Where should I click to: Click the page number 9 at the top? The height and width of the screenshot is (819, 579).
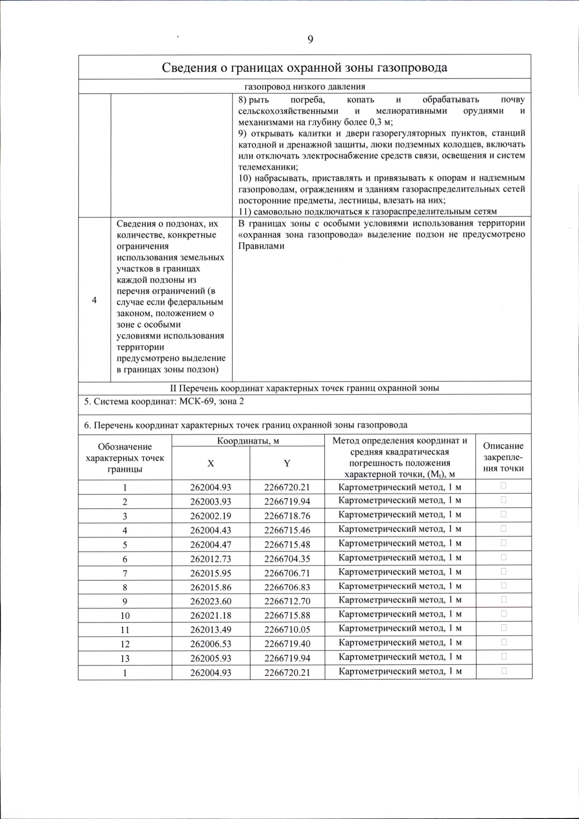[x=310, y=40]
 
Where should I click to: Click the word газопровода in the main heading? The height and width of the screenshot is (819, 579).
[x=413, y=67]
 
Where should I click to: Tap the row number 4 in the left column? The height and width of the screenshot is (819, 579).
[x=94, y=300]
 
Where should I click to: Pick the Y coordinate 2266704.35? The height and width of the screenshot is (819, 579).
[x=287, y=559]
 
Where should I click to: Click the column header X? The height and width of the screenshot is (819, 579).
[x=210, y=463]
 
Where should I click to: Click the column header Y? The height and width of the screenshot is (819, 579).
[x=287, y=463]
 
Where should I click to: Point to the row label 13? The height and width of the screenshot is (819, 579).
[x=124, y=658]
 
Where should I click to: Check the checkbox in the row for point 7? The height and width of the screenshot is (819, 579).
[x=504, y=571]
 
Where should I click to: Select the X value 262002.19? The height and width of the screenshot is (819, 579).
[x=210, y=516]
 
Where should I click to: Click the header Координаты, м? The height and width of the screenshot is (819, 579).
[x=248, y=441]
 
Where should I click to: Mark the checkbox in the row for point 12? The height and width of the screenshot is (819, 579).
[x=504, y=642]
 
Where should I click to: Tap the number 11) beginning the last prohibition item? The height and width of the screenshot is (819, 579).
[x=245, y=212]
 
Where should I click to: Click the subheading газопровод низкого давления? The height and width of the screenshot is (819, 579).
[x=304, y=87]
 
